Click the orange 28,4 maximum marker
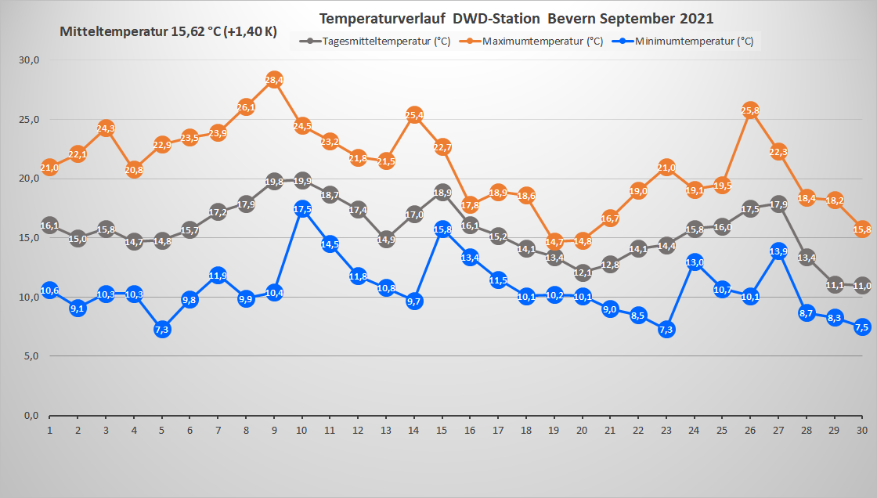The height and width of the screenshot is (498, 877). click(x=274, y=80)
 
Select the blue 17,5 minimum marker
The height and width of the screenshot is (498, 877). click(x=302, y=209)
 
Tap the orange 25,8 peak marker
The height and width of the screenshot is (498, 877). click(x=750, y=111)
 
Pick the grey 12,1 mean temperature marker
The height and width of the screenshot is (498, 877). click(x=582, y=272)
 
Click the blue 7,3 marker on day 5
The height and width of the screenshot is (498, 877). click(x=162, y=330)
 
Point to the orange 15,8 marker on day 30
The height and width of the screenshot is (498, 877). click(x=862, y=229)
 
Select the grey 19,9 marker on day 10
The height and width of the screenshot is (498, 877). click(x=302, y=182)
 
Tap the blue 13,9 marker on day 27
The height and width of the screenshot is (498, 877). click(x=778, y=251)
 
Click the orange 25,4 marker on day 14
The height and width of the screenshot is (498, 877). click(x=414, y=116)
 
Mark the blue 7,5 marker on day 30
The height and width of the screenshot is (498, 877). click(x=862, y=327)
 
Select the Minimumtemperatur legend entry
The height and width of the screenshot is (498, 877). click(x=694, y=41)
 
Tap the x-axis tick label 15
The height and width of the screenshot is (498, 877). click(x=442, y=431)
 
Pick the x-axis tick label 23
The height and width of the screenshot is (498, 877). click(x=666, y=431)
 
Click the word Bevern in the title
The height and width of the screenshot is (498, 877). click(x=568, y=18)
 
